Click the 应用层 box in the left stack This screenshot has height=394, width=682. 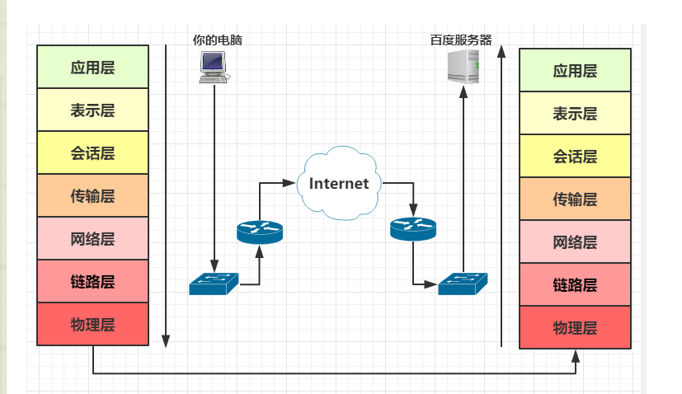92,67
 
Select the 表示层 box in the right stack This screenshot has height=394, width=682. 575,113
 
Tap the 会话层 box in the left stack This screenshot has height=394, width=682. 92,152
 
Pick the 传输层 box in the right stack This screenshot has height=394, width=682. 575,199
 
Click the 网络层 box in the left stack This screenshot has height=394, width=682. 92,239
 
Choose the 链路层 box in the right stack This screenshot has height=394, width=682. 575,285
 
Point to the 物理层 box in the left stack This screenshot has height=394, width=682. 92,324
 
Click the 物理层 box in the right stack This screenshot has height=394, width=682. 575,328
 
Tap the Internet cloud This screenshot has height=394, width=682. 339,182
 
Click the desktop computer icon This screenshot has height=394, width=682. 214,66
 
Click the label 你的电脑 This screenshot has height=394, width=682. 217,39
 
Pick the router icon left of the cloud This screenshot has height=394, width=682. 259,232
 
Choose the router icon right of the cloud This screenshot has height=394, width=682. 412,228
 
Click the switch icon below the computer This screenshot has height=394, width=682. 214,284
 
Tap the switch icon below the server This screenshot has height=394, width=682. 463,284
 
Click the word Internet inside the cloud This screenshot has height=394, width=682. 339,183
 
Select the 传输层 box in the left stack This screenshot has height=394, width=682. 92,195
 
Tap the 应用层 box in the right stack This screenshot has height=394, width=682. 575,70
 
